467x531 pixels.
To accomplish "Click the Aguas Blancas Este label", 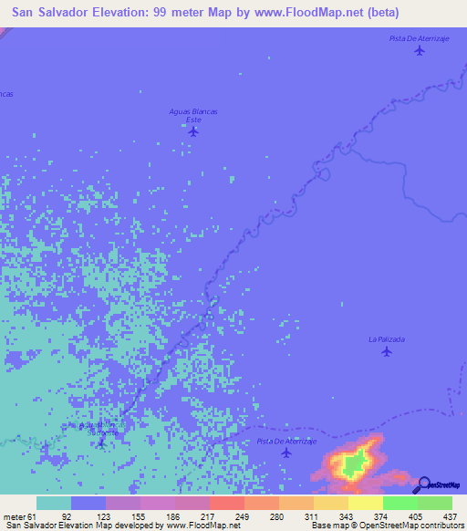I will click(x=192, y=115).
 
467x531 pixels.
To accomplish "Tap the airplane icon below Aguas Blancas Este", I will click(x=192, y=131).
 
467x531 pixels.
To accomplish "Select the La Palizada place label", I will click(x=387, y=338).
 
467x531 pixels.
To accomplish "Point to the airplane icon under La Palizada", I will click(x=387, y=351).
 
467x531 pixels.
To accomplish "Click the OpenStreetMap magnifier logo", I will click(x=424, y=484).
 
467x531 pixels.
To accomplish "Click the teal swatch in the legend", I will click(x=54, y=503).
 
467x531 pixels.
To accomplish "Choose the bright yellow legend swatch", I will click(x=365, y=503).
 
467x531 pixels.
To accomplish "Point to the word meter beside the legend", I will click(x=12, y=516).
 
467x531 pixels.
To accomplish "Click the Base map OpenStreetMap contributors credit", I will click(x=385, y=526).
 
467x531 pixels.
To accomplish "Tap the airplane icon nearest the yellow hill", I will click(x=286, y=453).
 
